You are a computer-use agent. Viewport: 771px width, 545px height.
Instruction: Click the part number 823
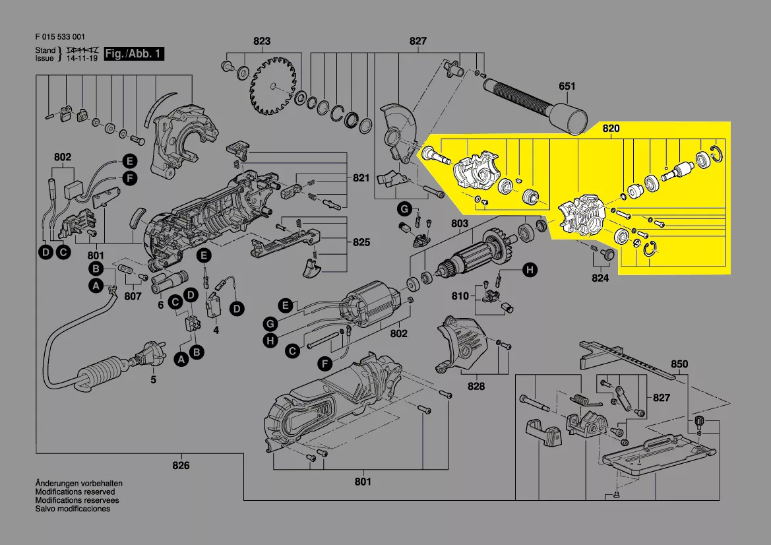click(x=262, y=42)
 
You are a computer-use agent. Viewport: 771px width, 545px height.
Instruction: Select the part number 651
click(x=567, y=86)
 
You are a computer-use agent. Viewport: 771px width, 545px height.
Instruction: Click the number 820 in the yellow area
click(x=611, y=129)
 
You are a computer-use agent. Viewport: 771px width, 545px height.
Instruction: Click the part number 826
click(x=181, y=466)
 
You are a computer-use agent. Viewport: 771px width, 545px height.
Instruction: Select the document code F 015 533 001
click(x=59, y=37)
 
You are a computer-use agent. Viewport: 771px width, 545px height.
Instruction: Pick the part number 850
click(x=679, y=364)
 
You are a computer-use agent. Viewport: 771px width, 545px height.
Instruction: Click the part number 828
click(x=476, y=387)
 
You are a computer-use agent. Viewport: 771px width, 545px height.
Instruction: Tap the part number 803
click(x=460, y=224)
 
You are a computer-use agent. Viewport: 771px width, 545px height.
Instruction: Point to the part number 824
click(x=600, y=278)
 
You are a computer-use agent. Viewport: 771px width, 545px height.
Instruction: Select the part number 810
click(x=460, y=296)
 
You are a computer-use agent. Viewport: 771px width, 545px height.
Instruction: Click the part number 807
click(x=133, y=296)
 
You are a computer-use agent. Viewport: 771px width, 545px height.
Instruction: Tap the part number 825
click(x=361, y=243)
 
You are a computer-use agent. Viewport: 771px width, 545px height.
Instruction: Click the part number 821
click(x=361, y=179)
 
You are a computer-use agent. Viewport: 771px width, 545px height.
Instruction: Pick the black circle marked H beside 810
click(x=529, y=269)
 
